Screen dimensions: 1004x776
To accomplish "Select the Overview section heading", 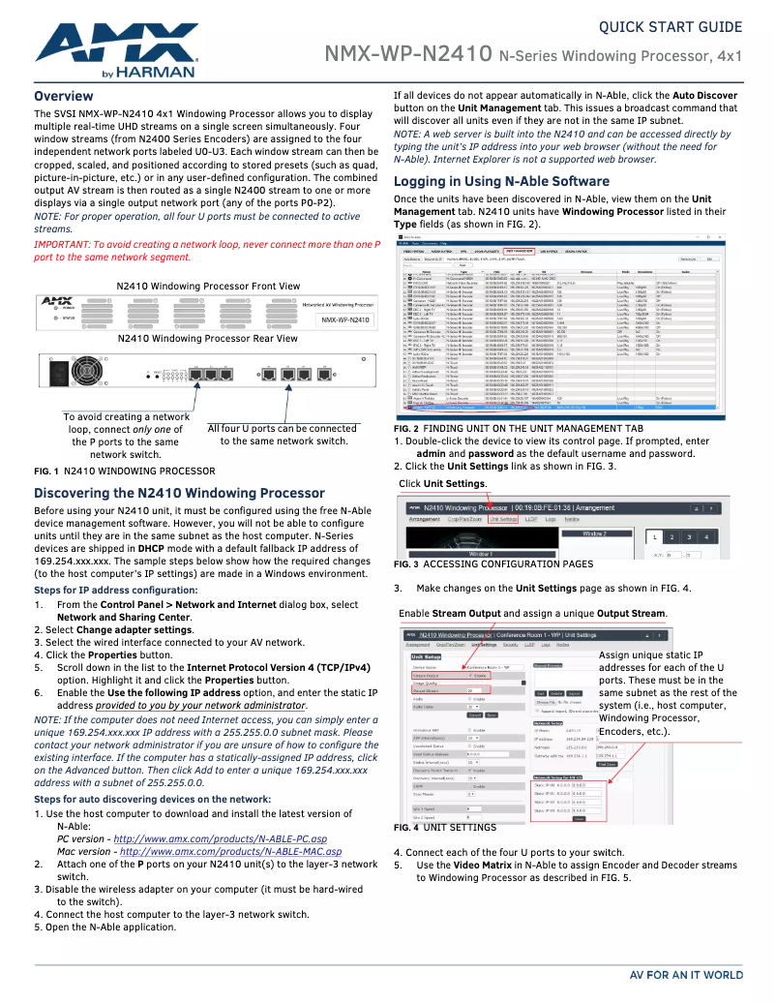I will coord(64,97).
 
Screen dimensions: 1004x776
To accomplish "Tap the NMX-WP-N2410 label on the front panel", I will coord(346,319).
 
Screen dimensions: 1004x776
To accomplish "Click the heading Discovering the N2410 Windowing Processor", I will coord(179,494).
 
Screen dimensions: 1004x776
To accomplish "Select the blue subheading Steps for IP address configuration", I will coord(115,590).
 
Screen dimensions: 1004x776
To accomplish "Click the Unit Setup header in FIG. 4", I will coord(426,655).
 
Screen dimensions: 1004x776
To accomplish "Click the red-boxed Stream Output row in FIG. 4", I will coord(451,676).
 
